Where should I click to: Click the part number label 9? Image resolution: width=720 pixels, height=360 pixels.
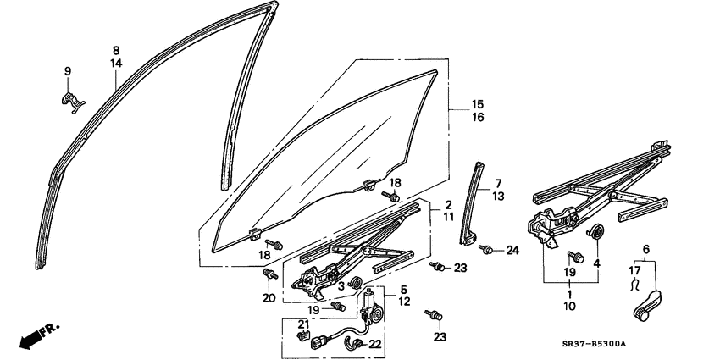(x=68, y=71)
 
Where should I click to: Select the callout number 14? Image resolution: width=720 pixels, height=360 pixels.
(x=116, y=64)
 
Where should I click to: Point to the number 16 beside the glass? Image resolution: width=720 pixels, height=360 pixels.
(x=454, y=118)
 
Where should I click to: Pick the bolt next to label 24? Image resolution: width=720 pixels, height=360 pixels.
(x=488, y=249)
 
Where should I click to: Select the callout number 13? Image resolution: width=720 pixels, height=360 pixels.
(x=498, y=197)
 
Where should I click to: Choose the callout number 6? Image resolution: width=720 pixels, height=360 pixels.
(x=647, y=249)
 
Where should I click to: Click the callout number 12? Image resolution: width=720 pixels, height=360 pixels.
(x=404, y=302)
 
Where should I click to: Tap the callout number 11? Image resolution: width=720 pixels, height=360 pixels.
(x=448, y=218)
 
